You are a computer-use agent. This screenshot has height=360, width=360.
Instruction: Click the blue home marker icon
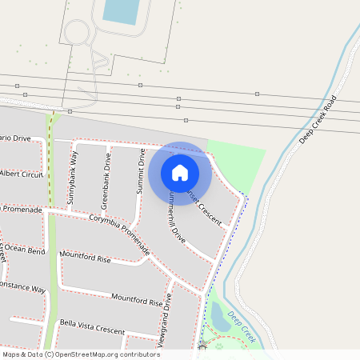(x=180, y=172)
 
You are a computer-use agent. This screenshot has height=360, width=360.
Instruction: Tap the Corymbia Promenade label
(x=120, y=234)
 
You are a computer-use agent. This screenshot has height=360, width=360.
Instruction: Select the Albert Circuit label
(x=21, y=174)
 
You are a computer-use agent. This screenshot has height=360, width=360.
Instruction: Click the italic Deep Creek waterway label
(x=242, y=326)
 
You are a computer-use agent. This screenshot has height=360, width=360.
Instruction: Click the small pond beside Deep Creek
(x=218, y=318)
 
